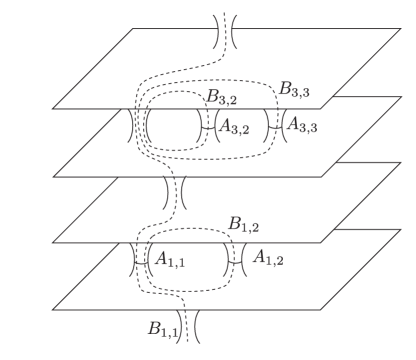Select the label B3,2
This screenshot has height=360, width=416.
(x=222, y=97)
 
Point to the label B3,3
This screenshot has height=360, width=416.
(x=295, y=90)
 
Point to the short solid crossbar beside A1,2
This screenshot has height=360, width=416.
(x=239, y=259)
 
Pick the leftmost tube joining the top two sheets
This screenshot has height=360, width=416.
(x=138, y=127)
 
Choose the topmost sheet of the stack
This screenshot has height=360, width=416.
(x=300, y=55)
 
